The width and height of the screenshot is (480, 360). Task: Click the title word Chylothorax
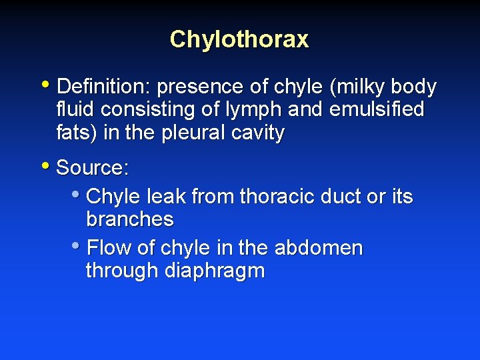click(239, 39)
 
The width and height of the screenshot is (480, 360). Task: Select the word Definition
click(97, 87)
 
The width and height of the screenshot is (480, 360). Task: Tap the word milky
click(359, 87)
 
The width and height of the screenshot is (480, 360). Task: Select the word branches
click(130, 219)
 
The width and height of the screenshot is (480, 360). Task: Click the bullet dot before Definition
click(45, 85)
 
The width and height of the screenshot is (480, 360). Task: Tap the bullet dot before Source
click(45, 165)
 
